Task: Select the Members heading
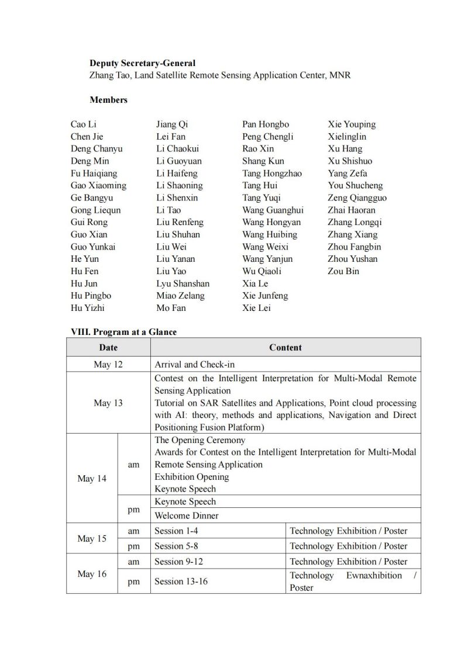coord(108,100)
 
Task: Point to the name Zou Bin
coord(343,271)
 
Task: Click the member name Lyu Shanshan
coord(183,283)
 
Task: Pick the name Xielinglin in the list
coord(348,137)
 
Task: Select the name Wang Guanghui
coord(273,210)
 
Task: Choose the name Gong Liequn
coord(96,210)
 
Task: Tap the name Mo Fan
coord(171,308)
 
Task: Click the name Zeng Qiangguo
coord(357,198)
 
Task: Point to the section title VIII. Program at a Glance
coord(123,332)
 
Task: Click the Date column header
coord(108,347)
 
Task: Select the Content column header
coord(285,347)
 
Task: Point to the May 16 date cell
coord(92,574)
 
